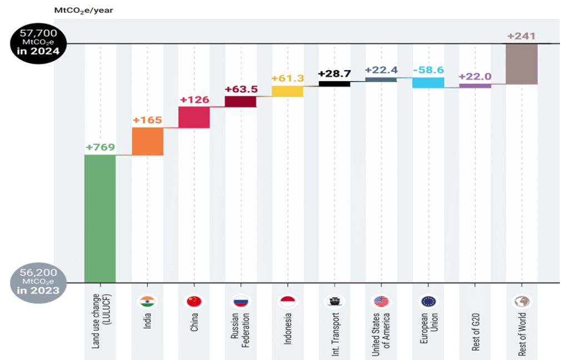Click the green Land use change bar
click(x=100, y=218)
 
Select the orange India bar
click(x=147, y=141)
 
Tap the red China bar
click(x=194, y=117)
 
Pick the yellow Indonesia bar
click(x=287, y=91)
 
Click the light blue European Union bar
click(x=428, y=83)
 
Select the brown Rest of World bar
click(x=522, y=64)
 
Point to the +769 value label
click(x=100, y=147)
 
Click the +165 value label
click(x=147, y=120)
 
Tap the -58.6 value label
click(x=428, y=71)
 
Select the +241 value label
click(x=521, y=37)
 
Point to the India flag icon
click(x=147, y=302)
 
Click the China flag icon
click(x=194, y=302)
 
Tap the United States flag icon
click(x=381, y=302)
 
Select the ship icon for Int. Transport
click(x=334, y=302)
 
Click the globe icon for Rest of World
click(x=521, y=302)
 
